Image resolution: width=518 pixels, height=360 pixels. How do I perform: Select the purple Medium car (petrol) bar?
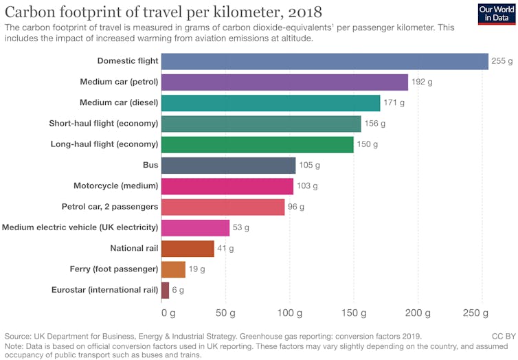pyautogui.click(x=284, y=82)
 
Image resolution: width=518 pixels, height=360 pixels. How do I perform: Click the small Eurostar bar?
pyautogui.click(x=165, y=290)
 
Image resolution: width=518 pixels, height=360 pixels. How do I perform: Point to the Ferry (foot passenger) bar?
pyautogui.click(x=173, y=269)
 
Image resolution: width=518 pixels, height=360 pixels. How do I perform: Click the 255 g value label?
pyautogui.click(x=502, y=62)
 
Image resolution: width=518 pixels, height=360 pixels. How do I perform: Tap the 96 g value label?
pyautogui.click(x=296, y=207)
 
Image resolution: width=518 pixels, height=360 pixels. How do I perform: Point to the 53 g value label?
pyautogui.click(x=240, y=227)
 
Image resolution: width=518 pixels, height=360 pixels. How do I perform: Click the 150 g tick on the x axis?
pyautogui.click(x=353, y=313)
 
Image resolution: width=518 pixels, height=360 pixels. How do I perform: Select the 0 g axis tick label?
pyautogui.click(x=168, y=313)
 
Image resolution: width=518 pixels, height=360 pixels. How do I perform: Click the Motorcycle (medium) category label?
pyautogui.click(x=116, y=186)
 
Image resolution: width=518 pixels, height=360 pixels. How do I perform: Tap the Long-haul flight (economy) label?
pyautogui.click(x=104, y=144)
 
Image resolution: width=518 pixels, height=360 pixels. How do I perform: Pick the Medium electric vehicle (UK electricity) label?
pyautogui.click(x=80, y=227)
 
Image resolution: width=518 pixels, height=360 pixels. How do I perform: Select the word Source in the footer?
pyautogui.click(x=20, y=337)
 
